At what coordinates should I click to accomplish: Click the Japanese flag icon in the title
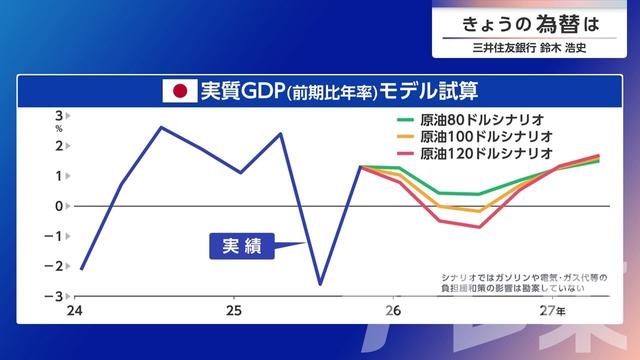tap(180, 91)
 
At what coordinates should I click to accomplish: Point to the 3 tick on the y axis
tap(59, 115)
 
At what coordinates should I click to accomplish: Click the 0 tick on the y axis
tap(59, 206)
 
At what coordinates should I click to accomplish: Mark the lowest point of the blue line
tap(320, 284)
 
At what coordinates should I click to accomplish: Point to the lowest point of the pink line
tap(480, 227)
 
